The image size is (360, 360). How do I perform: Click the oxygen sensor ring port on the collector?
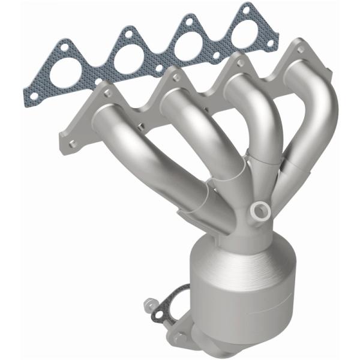pos(261,209)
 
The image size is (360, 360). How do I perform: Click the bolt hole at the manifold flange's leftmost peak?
pos(109,93)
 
